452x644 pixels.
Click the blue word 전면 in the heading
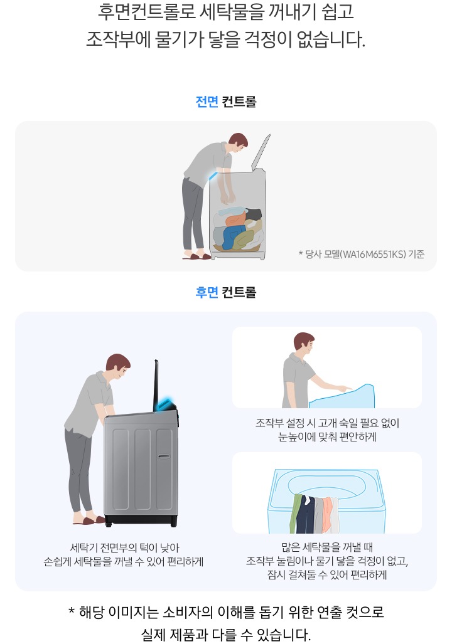[207, 102]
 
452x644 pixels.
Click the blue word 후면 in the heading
[207, 292]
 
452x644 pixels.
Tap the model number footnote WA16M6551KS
[362, 254]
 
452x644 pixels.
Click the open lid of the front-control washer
[260, 151]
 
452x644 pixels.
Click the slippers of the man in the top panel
[197, 255]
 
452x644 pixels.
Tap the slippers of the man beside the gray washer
[90, 520]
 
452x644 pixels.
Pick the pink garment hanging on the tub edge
[326, 511]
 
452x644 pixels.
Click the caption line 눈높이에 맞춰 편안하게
[327, 437]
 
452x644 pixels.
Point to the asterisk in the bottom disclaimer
[72, 611]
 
